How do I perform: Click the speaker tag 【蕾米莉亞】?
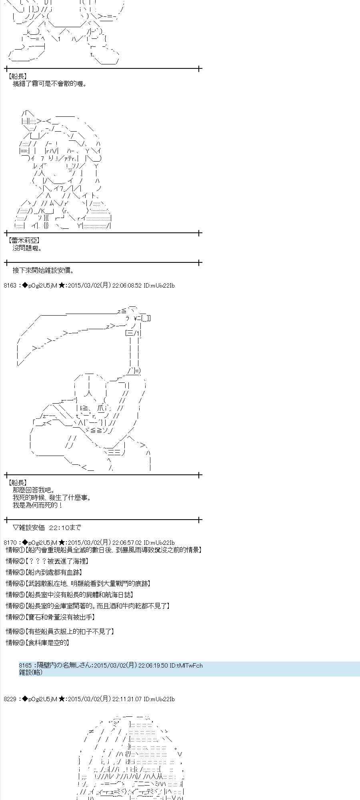(24, 240)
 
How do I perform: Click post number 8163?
(10, 285)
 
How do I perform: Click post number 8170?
(10, 542)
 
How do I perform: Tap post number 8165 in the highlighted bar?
(25, 665)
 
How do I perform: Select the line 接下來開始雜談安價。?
(43, 270)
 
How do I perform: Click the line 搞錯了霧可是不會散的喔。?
(50, 84)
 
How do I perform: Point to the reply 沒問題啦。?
(28, 248)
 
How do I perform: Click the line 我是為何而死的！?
(38, 505)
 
